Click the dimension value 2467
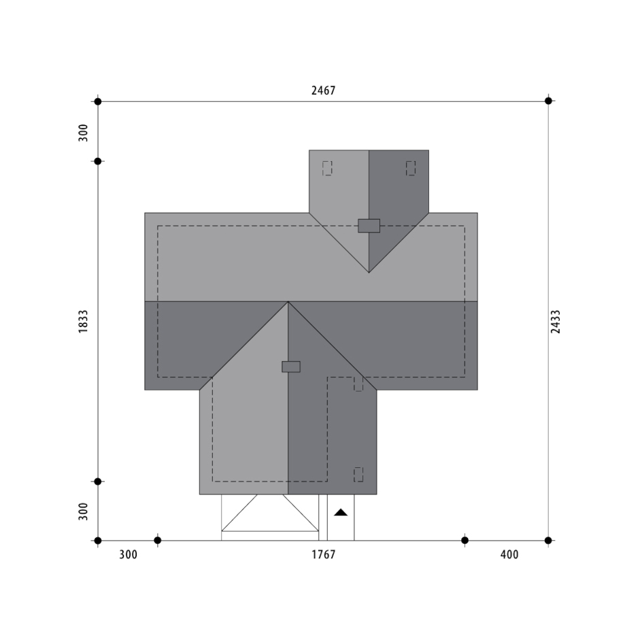323,90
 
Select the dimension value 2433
555,322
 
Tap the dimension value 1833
83,322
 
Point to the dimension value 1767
323,554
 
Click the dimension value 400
509,554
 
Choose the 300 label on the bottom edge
128,554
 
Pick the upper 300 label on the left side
83,133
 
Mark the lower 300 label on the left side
83,511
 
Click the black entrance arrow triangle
341,512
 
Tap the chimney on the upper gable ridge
369,226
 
